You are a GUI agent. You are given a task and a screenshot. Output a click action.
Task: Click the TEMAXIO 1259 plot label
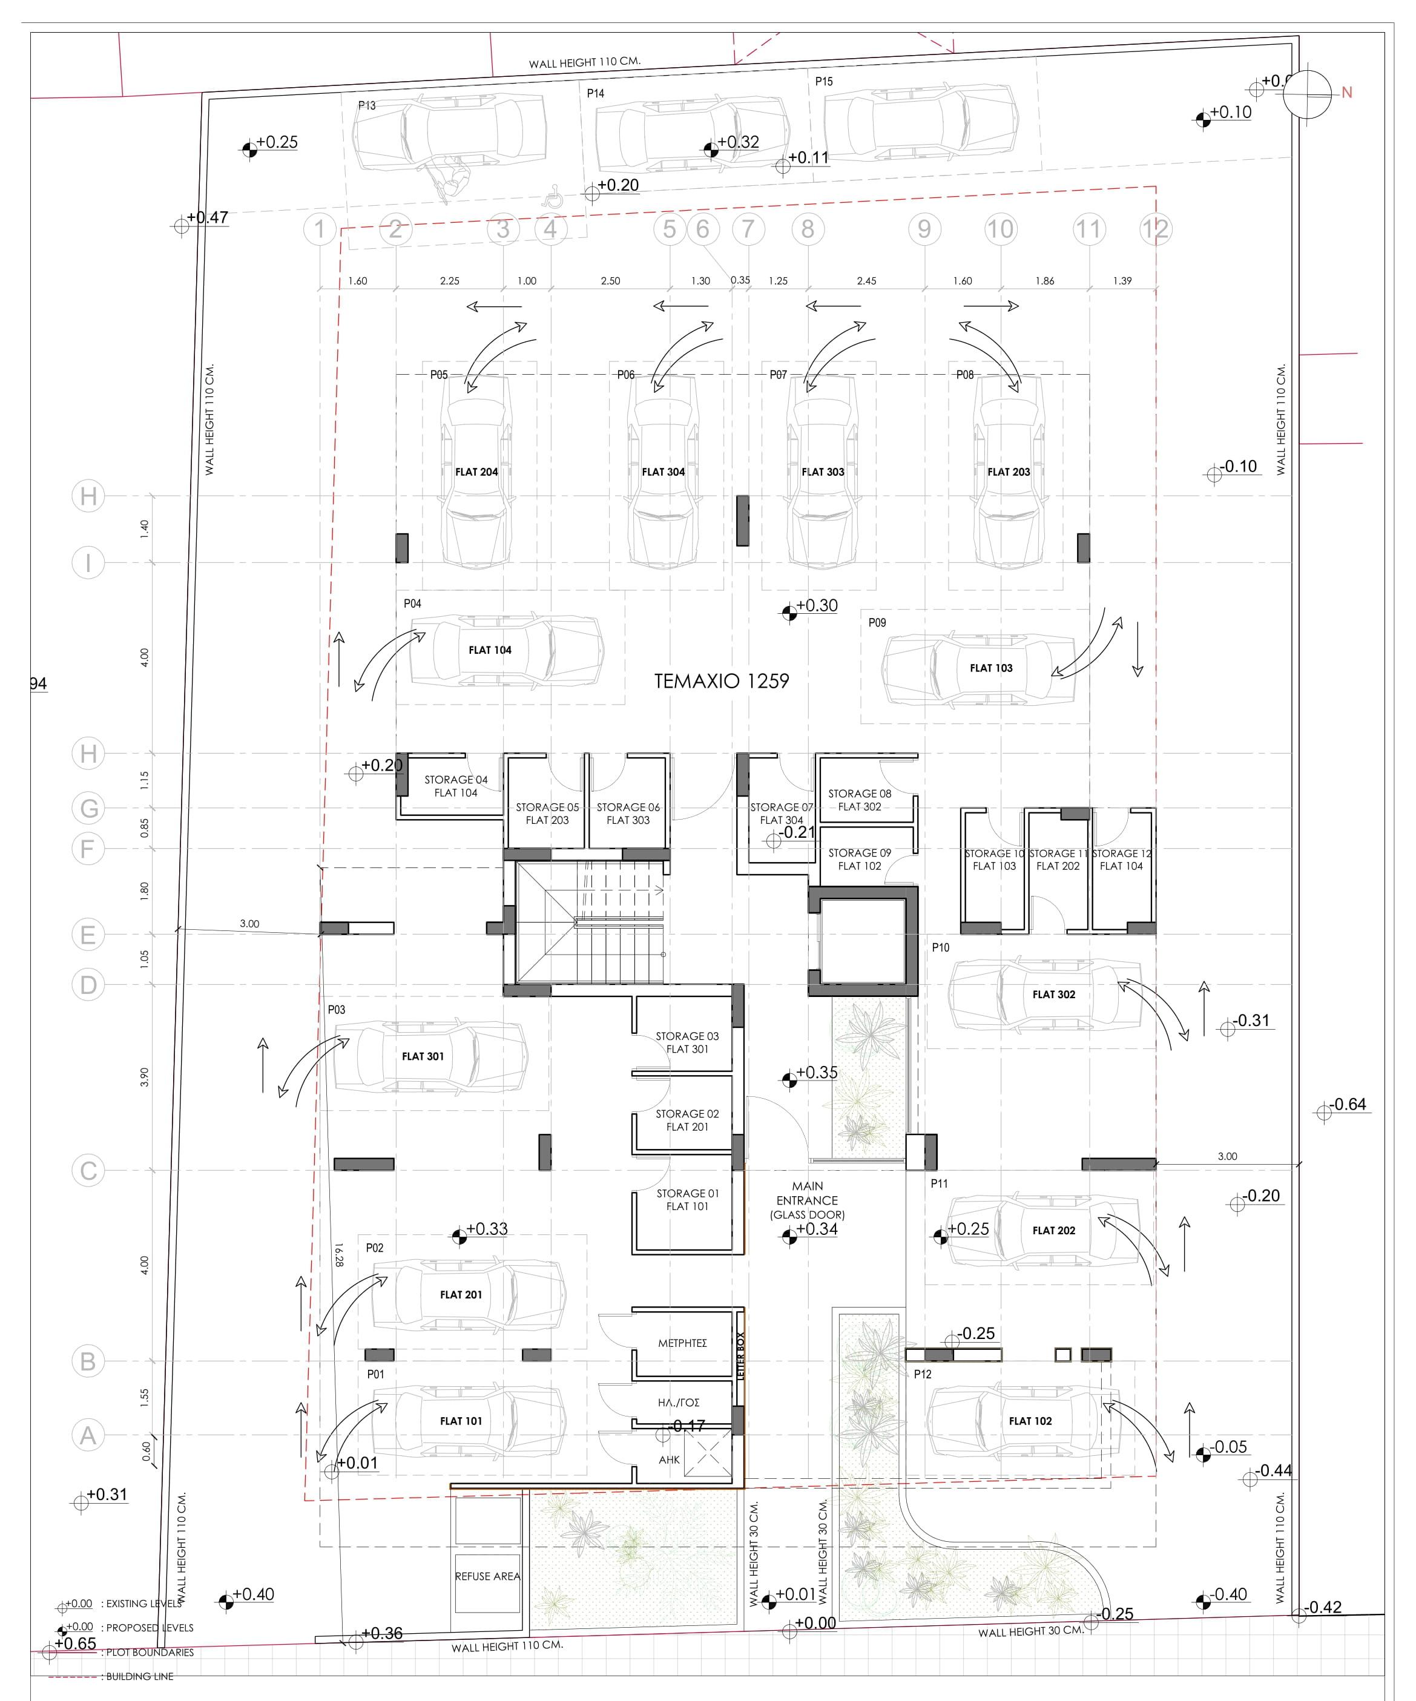coord(721,681)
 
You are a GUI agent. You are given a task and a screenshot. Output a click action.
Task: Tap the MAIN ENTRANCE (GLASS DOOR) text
coord(807,1200)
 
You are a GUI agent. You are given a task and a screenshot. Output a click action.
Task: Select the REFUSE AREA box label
coord(487,1576)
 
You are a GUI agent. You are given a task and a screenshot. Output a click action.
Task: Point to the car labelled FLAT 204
coord(476,472)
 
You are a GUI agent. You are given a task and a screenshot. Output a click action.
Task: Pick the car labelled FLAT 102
coord(1030,1421)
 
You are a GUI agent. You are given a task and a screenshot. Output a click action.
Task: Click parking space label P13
coord(367,105)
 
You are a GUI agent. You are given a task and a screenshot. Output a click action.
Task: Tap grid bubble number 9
coord(924,229)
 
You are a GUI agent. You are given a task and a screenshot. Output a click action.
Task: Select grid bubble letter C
coord(88,1171)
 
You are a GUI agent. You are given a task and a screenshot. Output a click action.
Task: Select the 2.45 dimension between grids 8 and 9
coord(866,281)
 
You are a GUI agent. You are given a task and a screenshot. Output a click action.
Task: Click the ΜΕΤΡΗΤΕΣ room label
coord(682,1343)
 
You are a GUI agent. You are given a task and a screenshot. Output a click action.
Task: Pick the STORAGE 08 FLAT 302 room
coord(860,800)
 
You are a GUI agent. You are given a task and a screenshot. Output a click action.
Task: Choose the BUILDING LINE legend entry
coord(139,1677)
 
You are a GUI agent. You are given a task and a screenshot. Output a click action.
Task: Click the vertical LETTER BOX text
coord(740,1355)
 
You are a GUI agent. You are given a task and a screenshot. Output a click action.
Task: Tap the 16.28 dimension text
coord(338,1255)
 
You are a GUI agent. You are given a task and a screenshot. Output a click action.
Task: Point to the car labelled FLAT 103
coord(990,668)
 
